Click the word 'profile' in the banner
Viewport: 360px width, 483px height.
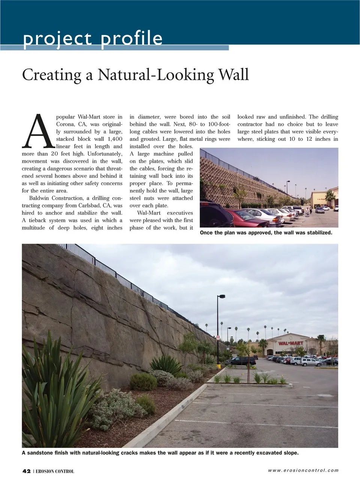[132, 39]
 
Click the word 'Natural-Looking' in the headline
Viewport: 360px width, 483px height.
[156, 75]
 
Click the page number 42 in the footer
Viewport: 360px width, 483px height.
[26, 471]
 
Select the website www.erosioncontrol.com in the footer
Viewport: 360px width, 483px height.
[303, 470]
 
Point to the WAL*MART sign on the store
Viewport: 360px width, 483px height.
[291, 343]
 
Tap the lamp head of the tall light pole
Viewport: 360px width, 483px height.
[221, 296]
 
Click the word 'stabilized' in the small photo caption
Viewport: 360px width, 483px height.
[318, 233]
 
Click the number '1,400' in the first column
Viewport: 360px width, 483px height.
[115, 139]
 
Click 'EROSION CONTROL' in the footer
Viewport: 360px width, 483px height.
[55, 471]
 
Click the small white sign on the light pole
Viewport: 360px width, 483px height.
[218, 338]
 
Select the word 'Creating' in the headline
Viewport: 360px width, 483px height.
[52, 75]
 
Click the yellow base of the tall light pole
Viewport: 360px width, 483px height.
[218, 366]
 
